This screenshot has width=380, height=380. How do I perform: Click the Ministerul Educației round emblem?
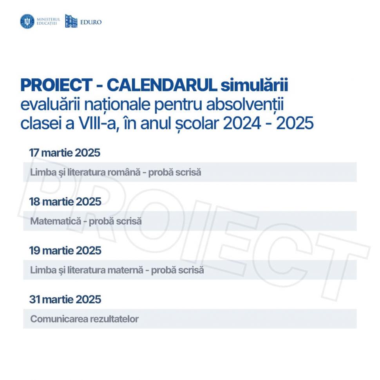tap(27, 22)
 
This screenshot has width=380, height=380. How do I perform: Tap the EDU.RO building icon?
tap(71, 22)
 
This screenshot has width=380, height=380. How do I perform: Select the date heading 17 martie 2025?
tap(65, 153)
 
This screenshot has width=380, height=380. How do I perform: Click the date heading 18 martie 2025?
tap(65, 202)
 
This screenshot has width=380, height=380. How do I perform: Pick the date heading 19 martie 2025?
tap(65, 251)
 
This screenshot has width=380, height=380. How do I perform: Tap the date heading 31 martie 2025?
tap(65, 300)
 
